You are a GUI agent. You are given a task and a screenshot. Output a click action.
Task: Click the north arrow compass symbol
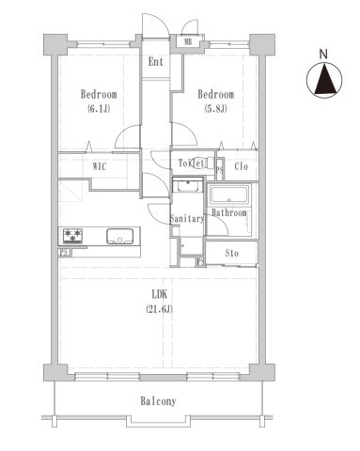point(323,80)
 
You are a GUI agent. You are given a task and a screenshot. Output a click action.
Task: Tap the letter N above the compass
point(323,53)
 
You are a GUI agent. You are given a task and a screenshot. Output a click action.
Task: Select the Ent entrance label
point(156,63)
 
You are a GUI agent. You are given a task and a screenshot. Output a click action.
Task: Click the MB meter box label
point(189,41)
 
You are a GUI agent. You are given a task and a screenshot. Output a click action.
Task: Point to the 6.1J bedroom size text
point(98,109)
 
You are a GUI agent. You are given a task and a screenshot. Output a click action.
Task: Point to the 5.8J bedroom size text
point(215,109)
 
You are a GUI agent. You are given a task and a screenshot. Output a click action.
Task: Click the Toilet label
point(192,163)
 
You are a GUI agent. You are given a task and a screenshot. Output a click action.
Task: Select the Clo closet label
point(241,167)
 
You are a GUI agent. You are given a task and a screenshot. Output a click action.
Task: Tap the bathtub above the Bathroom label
point(227,196)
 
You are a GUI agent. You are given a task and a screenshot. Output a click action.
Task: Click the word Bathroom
point(228,213)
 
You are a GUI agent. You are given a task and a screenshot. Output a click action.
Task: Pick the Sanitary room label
point(187,219)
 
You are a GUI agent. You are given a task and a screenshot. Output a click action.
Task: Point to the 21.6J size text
point(157,310)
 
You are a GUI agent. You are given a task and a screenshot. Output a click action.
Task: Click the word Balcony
point(158,401)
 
